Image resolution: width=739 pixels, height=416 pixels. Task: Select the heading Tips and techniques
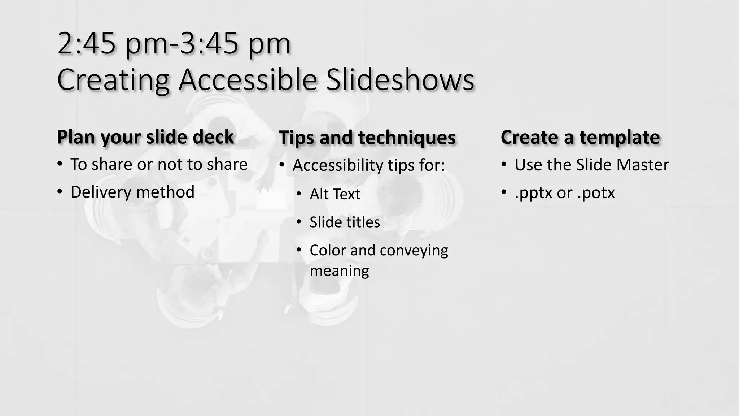pyautogui.click(x=367, y=138)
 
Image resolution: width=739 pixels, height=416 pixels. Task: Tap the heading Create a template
pyautogui.click(x=580, y=137)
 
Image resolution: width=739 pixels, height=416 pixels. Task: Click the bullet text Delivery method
pyautogui.click(x=132, y=192)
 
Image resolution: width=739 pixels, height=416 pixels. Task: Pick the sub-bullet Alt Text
pyautogui.click(x=335, y=194)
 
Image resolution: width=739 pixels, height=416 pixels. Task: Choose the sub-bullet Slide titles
pyautogui.click(x=345, y=222)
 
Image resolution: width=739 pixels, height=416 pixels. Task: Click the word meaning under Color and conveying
pyautogui.click(x=339, y=270)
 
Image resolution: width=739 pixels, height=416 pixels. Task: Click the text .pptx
pyautogui.click(x=534, y=193)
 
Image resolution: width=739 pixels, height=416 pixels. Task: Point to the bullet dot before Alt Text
pyautogui.click(x=299, y=194)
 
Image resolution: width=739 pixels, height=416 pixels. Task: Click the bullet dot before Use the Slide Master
pyautogui.click(x=504, y=165)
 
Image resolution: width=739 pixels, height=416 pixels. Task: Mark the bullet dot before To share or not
pyautogui.click(x=60, y=165)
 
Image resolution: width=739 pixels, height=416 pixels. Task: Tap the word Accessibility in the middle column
pyautogui.click(x=338, y=165)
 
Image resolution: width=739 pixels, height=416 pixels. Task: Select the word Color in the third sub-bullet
pyautogui.click(x=328, y=250)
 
